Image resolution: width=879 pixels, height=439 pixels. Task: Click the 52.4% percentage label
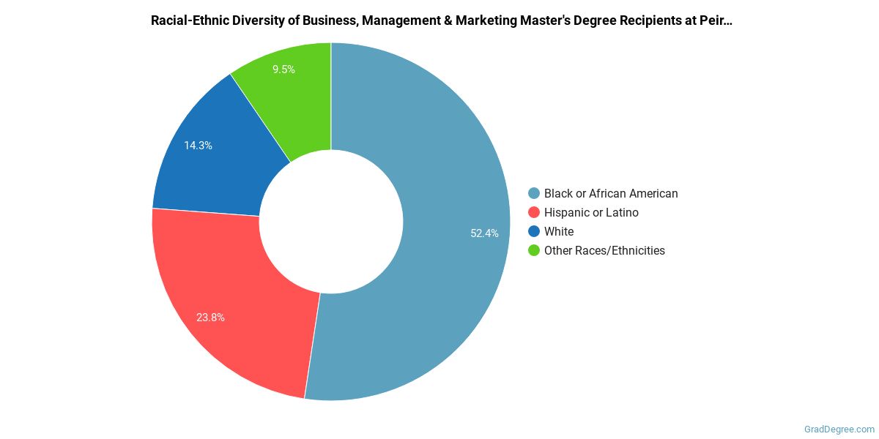click(484, 233)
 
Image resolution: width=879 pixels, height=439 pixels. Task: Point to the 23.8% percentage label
click(210, 318)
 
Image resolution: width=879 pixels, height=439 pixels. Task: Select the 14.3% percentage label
click(198, 146)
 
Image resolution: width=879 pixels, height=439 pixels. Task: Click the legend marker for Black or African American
click(534, 194)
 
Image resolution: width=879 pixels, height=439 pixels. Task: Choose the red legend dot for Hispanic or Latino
click(534, 213)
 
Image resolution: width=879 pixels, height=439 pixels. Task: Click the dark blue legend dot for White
click(534, 232)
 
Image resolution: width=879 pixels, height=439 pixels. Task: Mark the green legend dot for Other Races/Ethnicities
click(534, 251)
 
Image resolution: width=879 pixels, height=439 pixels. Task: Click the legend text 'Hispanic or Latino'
click(591, 213)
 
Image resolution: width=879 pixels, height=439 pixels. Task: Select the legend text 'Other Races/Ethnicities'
click(604, 251)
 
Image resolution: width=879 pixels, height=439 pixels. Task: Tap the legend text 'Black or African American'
click(611, 194)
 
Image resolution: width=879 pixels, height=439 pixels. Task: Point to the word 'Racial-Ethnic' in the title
click(187, 20)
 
